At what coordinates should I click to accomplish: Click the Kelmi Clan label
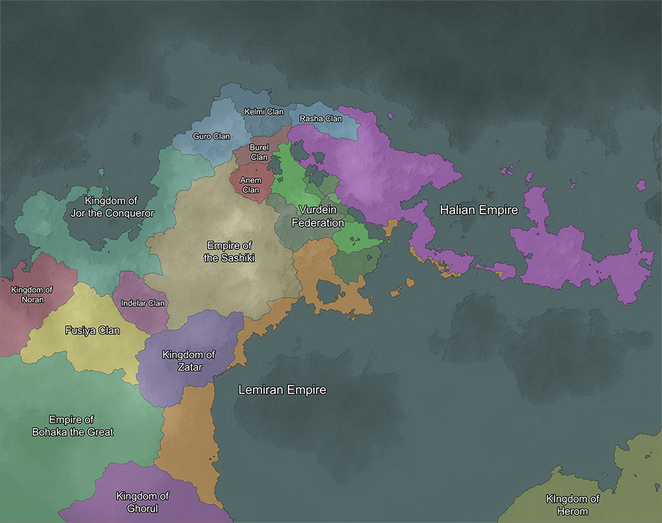click(263, 111)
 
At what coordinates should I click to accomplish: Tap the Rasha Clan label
click(320, 119)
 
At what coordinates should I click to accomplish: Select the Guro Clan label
click(211, 137)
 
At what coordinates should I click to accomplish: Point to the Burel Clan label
click(259, 152)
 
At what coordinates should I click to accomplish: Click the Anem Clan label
click(251, 185)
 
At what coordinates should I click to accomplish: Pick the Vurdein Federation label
click(318, 216)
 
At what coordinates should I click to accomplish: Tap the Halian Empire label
click(479, 209)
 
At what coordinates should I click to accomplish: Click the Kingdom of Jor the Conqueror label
click(112, 207)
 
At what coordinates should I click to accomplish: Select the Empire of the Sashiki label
click(229, 252)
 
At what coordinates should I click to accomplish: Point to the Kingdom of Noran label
click(32, 294)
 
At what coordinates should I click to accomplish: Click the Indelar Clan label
click(143, 304)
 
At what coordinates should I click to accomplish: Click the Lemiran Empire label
click(282, 390)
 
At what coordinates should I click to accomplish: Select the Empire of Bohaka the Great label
click(73, 426)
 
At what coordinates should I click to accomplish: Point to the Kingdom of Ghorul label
click(142, 502)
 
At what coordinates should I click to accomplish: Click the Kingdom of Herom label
click(573, 504)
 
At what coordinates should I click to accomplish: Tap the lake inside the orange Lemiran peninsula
click(329, 291)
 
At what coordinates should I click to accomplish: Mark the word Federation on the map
click(318, 223)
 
